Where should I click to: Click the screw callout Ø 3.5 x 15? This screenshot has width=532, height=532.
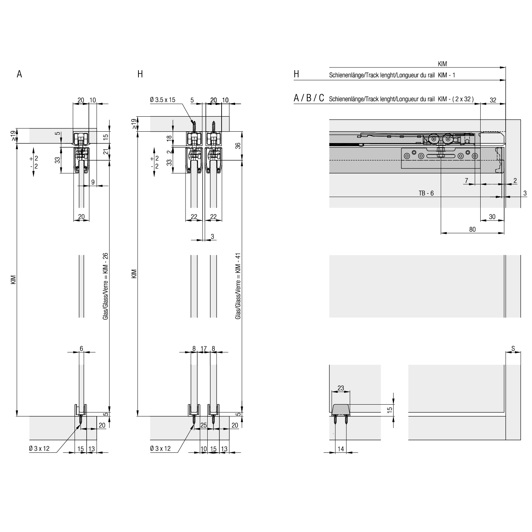point(162,100)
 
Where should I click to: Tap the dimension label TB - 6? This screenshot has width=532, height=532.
point(426,193)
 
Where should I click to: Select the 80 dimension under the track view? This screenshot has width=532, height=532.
point(472,229)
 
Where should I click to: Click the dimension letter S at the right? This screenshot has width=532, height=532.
point(513,348)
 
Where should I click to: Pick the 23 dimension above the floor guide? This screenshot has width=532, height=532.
point(341,388)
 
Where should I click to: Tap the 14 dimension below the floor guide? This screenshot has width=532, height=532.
point(341,449)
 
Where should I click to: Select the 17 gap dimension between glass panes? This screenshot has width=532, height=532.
point(204,348)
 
